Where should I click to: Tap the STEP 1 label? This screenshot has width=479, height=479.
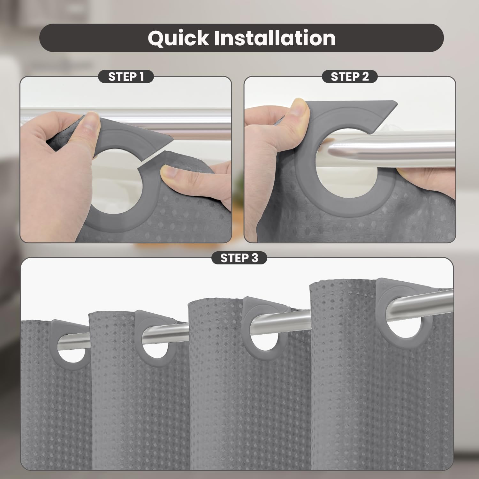click(x=126, y=77)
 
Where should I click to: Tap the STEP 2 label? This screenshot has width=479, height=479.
click(x=350, y=77)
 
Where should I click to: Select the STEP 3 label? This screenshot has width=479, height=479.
click(x=239, y=258)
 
